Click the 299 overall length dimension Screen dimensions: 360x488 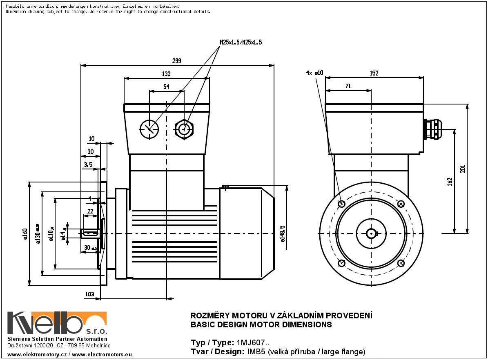point(176,61)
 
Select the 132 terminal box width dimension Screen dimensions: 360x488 point(166,74)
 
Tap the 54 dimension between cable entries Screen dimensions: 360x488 point(166,87)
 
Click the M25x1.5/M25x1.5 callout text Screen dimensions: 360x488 point(241,42)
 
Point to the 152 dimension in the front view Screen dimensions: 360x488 point(374,73)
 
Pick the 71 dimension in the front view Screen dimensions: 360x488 point(348,86)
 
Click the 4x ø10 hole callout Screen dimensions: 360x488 point(314,73)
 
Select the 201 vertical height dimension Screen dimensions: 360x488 point(463,169)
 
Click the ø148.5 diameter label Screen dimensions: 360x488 point(283,233)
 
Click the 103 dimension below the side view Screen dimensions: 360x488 point(90,294)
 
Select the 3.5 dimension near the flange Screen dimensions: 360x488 point(88,164)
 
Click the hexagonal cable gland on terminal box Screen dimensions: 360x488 point(184,129)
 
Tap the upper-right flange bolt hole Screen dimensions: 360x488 point(401,204)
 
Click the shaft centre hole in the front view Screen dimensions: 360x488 point(371,233)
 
